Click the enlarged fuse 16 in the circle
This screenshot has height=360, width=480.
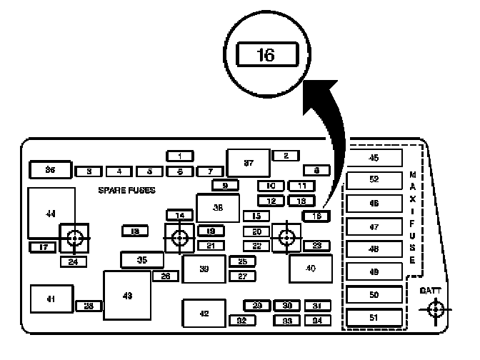266,55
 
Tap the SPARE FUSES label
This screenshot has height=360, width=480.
126,191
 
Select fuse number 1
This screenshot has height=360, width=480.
180,156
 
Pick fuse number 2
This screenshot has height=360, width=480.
286,156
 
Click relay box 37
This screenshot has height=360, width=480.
248,164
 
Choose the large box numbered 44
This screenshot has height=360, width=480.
51,213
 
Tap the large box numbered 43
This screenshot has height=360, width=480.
127,295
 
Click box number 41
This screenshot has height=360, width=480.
51,299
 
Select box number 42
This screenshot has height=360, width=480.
204,313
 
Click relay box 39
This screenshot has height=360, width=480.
204,269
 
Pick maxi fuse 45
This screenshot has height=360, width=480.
374,157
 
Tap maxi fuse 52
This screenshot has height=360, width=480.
374,179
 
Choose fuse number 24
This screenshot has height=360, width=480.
73,261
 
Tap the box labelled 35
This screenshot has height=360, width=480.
141,260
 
